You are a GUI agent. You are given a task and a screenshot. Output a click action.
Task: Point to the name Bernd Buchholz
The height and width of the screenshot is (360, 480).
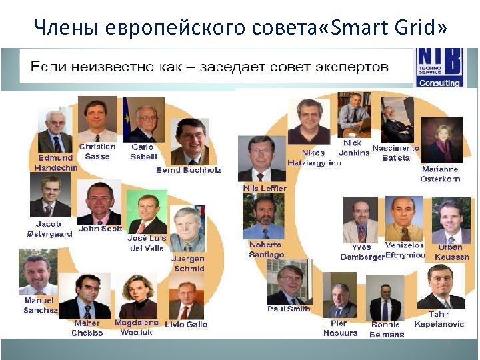pos(188,170)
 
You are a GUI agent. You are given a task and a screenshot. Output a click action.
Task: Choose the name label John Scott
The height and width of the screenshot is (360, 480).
pos(100,229)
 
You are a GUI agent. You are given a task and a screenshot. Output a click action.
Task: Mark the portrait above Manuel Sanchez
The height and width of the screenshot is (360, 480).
pos(38,273)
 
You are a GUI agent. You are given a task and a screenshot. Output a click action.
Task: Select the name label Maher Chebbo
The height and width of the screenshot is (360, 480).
pos(88,328)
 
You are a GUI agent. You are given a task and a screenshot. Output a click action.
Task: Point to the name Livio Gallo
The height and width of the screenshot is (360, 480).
pos(187,325)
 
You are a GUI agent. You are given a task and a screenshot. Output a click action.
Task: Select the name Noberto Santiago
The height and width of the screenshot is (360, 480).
pos(266,249)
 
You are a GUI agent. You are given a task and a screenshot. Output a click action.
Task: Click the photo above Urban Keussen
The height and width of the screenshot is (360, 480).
pos(451,221)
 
